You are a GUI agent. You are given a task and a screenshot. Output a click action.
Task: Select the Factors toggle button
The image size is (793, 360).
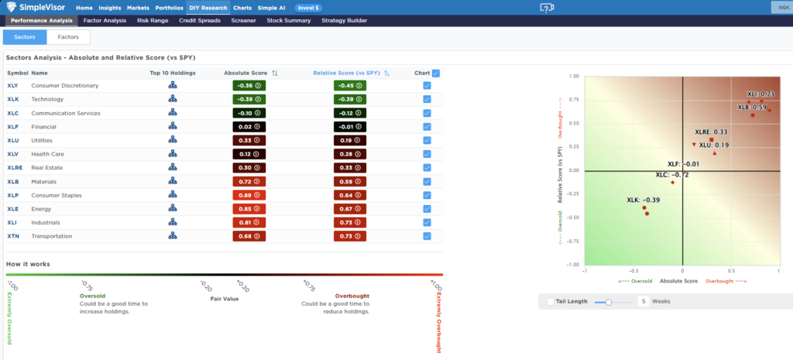[68, 37]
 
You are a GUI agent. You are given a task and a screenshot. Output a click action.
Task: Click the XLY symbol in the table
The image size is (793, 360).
[13, 85]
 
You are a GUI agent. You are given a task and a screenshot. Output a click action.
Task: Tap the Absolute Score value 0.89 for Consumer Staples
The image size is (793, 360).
[249, 195]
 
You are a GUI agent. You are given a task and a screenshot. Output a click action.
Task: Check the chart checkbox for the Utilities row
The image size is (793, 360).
[427, 140]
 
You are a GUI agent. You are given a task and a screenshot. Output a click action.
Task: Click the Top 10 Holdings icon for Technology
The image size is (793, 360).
[173, 99]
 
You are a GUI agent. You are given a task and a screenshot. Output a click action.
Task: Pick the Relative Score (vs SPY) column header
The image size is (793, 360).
[347, 73]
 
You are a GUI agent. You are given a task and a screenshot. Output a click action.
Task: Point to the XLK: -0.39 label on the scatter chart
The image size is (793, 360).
[643, 200]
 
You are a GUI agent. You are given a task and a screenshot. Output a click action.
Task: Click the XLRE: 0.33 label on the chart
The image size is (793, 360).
[710, 132]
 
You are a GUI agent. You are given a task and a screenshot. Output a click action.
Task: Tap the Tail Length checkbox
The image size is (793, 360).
[550, 301]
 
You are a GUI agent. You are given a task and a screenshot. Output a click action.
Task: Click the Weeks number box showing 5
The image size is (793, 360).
[644, 301]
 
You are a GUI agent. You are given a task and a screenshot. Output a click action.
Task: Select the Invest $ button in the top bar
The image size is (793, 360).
[308, 7]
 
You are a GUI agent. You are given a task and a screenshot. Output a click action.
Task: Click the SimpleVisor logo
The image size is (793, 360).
[36, 7]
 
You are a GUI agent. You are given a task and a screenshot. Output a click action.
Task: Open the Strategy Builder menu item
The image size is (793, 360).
[345, 20]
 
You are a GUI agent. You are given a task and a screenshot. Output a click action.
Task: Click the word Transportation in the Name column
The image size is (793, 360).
[51, 236]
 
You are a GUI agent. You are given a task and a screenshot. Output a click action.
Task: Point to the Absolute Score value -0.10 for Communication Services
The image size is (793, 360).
[249, 113]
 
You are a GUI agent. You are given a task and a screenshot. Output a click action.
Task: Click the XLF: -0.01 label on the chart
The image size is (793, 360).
[683, 164]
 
